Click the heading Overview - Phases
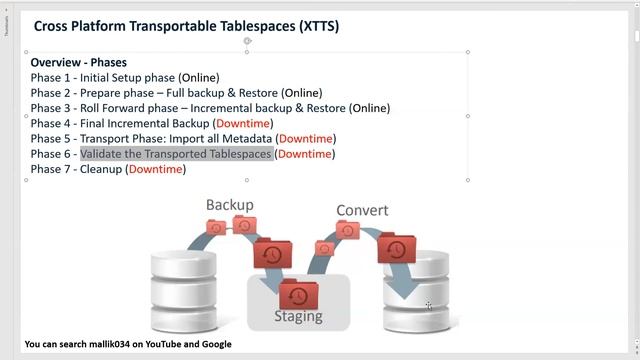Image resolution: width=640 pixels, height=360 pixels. pyautogui.click(x=78, y=62)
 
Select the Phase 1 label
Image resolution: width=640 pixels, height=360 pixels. pyautogui.click(x=52, y=77)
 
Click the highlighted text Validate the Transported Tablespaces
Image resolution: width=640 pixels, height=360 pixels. pyautogui.click(x=176, y=154)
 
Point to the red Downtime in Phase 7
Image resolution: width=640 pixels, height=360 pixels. pyautogui.click(x=155, y=169)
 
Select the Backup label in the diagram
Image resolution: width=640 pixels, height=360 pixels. pyautogui.click(x=229, y=204)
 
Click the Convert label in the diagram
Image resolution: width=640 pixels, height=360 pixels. pyautogui.click(x=362, y=210)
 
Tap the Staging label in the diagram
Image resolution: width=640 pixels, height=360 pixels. pyautogui.click(x=298, y=316)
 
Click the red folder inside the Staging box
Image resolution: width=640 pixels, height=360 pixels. pyautogui.click(x=297, y=294)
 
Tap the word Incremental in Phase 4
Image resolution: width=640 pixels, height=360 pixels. pyautogui.click(x=150, y=123)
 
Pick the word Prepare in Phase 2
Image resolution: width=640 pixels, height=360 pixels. pyautogui.click(x=102, y=93)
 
